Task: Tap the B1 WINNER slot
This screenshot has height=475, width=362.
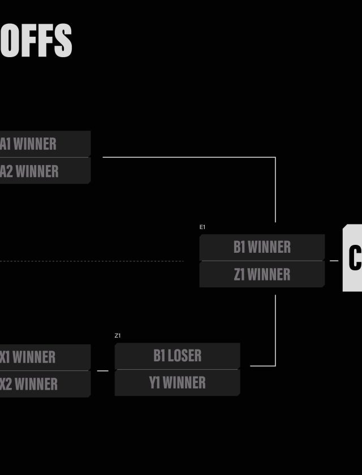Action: pos(262,247)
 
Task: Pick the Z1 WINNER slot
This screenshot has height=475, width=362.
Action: pos(262,274)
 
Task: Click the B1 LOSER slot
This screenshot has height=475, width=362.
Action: pos(177,356)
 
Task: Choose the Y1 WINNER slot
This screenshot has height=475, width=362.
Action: pos(177,383)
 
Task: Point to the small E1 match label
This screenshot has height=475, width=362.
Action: pos(202,227)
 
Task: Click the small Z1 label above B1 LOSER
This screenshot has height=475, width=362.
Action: pos(118,336)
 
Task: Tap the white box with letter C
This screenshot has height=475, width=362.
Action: pos(353,258)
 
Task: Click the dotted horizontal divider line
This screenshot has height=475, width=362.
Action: pos(90,261)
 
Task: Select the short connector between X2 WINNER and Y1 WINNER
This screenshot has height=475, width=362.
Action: pos(102,371)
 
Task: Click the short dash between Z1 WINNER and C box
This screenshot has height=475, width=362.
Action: pos(334,261)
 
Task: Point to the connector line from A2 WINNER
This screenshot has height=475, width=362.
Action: pos(187,157)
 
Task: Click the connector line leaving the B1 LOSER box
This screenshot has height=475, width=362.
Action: pos(263,366)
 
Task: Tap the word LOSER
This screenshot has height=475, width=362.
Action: pos(185,356)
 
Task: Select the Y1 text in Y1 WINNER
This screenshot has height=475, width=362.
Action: pos(154,383)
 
